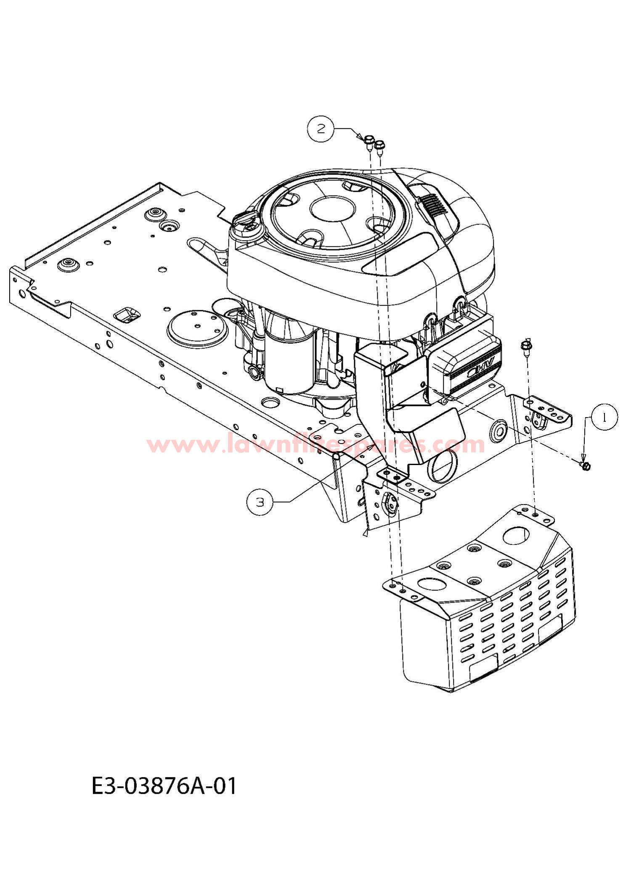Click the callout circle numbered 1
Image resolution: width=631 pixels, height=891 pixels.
pos(604,418)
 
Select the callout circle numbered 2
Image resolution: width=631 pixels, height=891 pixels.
pos(321,128)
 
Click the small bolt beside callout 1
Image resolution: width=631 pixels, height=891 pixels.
pos(585,465)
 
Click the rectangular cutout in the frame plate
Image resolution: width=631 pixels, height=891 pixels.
pos(127,314)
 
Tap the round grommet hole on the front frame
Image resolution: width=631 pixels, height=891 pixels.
pos(498,430)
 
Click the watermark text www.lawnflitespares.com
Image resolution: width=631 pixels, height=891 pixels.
pos(316,444)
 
